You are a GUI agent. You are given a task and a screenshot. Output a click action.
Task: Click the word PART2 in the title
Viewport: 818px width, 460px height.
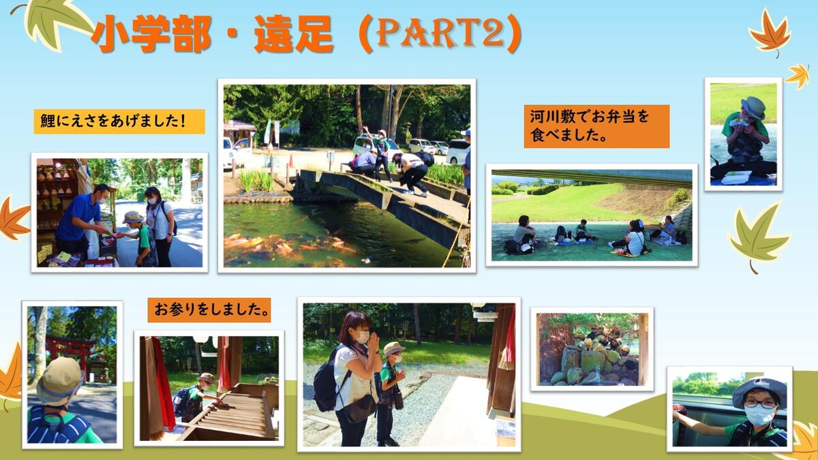pyautogui.click(x=442, y=33)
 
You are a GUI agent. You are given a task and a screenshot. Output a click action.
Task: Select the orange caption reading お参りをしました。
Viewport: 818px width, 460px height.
pyautogui.click(x=209, y=310)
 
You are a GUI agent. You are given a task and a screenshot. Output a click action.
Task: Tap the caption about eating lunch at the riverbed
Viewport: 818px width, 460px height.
pyautogui.click(x=596, y=126)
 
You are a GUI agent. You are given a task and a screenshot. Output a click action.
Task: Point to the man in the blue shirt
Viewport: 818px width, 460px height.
pyautogui.click(x=78, y=223)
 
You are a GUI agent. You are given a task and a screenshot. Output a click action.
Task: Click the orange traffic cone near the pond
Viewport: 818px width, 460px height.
pyautogui.click(x=291, y=161)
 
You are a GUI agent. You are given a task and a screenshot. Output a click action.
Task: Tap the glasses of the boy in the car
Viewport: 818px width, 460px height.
pyautogui.click(x=761, y=404)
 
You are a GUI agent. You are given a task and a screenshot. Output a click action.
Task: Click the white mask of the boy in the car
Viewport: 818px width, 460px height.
pyautogui.click(x=759, y=415)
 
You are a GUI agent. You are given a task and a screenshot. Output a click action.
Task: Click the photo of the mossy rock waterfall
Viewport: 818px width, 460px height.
pyautogui.click(x=592, y=350)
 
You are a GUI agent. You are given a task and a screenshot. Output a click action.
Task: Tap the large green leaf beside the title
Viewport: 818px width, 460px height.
pyautogui.click(x=55, y=22)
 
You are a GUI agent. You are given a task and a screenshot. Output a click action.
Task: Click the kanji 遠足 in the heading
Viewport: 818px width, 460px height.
pyautogui.click(x=294, y=34)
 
